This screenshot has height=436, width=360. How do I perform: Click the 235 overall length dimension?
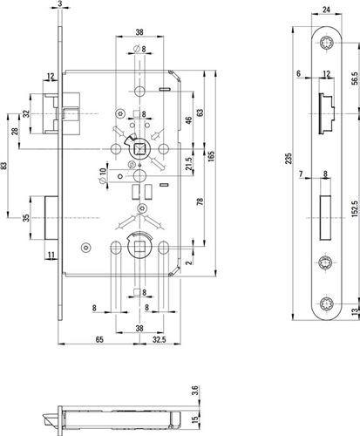[289, 159]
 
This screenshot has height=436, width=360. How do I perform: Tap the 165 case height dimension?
[212, 157]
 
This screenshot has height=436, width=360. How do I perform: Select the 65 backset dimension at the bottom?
[99, 339]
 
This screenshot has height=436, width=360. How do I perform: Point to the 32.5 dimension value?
[160, 339]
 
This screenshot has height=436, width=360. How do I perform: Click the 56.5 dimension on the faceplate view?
[355, 78]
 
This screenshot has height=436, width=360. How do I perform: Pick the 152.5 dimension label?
[355, 208]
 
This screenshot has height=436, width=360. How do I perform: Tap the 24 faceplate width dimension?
[326, 10]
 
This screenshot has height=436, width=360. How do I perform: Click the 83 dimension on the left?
[3, 166]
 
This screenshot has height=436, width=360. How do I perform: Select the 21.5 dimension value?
[189, 164]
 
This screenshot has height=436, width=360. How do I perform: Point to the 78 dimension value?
[200, 201]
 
